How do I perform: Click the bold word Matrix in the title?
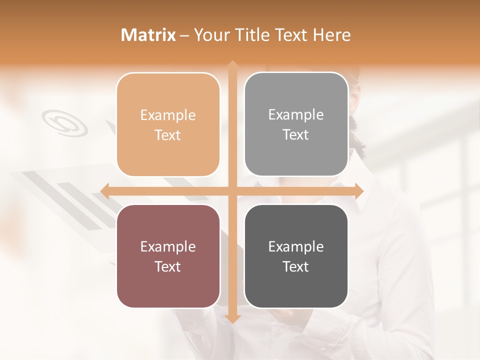(x=148, y=35)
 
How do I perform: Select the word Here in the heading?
(x=332, y=35)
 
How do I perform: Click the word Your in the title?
(x=210, y=35)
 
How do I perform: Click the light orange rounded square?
(x=168, y=124)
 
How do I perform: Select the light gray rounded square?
(x=296, y=124)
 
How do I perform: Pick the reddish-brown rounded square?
(x=168, y=256)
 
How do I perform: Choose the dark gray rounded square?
(x=296, y=256)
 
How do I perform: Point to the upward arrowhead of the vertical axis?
(x=232, y=65)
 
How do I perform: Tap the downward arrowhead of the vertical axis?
(x=232, y=318)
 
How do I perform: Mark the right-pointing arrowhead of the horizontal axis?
(x=358, y=191)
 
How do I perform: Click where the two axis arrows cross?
(x=232, y=191)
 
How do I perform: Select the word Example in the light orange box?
(x=168, y=115)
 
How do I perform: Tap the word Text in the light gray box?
(x=296, y=135)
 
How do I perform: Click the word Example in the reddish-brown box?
(x=168, y=247)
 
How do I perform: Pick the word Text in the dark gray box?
(x=296, y=266)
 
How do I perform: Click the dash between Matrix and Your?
(x=184, y=35)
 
